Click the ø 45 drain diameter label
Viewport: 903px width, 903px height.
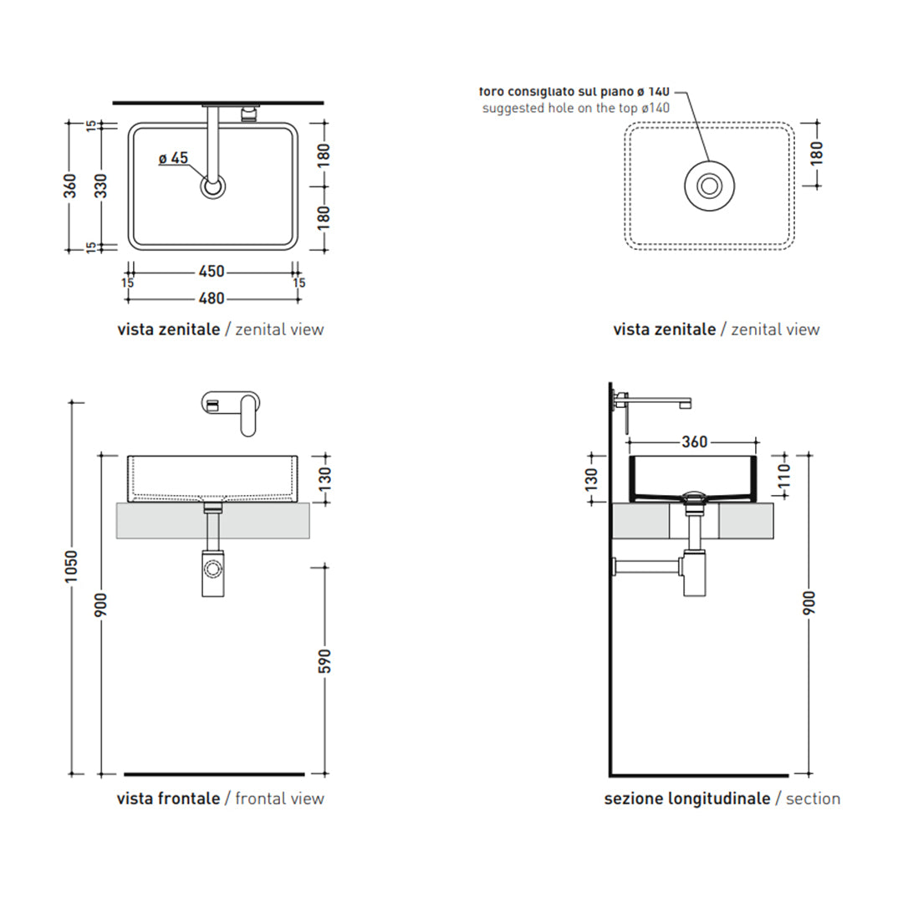click(173, 158)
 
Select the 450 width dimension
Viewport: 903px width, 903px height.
click(212, 271)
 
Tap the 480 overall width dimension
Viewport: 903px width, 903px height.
click(212, 298)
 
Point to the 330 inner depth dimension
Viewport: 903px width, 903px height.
click(101, 186)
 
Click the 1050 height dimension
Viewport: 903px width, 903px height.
click(71, 567)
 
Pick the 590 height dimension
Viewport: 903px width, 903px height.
click(324, 661)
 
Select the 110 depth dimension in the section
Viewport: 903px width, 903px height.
click(784, 477)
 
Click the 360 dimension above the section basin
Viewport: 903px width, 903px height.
click(695, 441)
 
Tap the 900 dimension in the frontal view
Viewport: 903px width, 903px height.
click(101, 605)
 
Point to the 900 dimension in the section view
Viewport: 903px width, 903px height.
click(809, 603)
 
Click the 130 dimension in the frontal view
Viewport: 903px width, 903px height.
click(324, 478)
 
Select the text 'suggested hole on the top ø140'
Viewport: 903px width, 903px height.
click(576, 108)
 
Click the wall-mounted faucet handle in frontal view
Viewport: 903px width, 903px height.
click(248, 415)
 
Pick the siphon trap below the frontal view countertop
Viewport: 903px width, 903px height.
click(212, 573)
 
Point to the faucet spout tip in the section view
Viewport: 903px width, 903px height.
click(685, 405)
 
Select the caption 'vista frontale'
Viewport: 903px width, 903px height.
click(168, 798)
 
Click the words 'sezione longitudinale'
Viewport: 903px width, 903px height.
click(687, 798)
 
